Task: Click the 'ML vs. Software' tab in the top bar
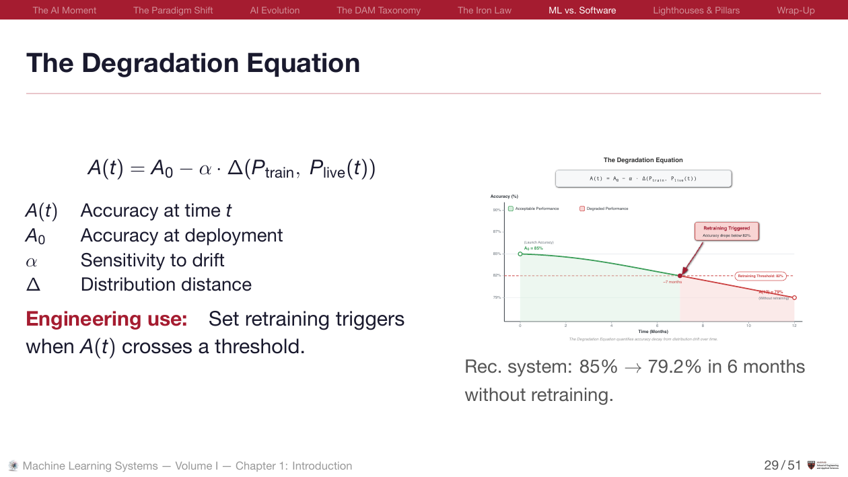tap(582, 10)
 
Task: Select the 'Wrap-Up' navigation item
tap(796, 10)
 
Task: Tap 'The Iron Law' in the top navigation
tap(485, 10)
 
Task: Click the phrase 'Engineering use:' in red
tap(106, 318)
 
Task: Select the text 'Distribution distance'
tap(166, 285)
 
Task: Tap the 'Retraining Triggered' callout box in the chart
tap(726, 231)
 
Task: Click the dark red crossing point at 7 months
tap(680, 276)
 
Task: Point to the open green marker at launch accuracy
tap(520, 254)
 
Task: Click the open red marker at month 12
tap(795, 297)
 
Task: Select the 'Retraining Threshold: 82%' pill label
tap(761, 276)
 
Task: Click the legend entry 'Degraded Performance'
tap(604, 209)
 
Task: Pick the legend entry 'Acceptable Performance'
tap(534, 209)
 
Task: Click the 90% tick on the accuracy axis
tap(497, 210)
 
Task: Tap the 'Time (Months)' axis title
tap(653, 332)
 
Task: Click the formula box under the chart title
tap(643, 178)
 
